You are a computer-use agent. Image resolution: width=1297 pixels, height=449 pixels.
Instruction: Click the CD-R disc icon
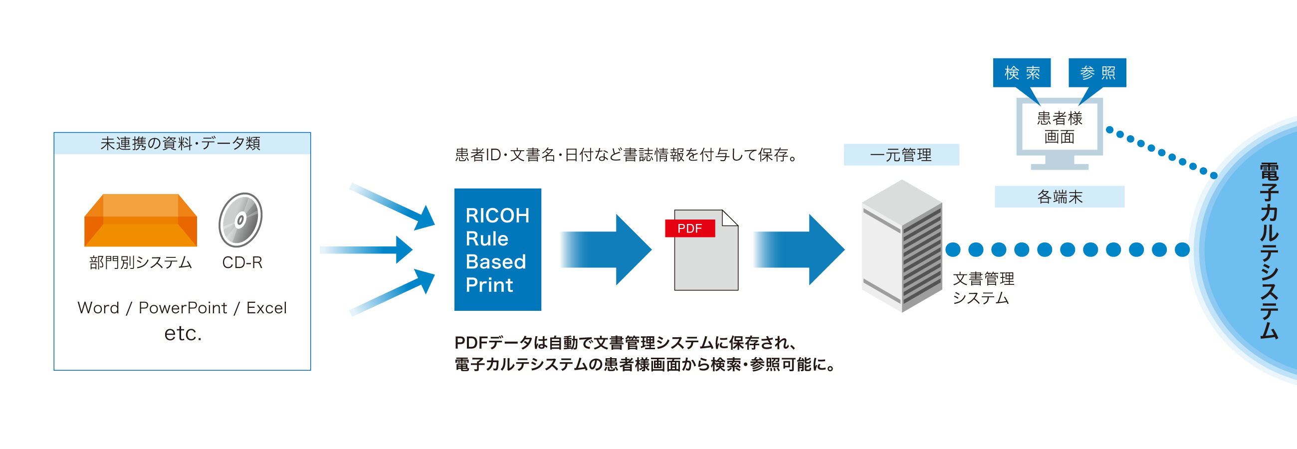click(x=240, y=220)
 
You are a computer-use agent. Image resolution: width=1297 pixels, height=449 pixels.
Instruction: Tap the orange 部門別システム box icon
click(x=141, y=221)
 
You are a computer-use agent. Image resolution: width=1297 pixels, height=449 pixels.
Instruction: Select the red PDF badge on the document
click(x=689, y=228)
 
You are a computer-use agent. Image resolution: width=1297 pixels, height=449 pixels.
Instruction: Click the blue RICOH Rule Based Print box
click(x=497, y=249)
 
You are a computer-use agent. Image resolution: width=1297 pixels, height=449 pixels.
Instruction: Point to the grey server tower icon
click(x=901, y=246)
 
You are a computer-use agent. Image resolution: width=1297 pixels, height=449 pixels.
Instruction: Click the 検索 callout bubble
click(x=1022, y=73)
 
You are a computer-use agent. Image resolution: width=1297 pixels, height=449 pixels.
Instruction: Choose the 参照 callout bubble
click(x=1097, y=73)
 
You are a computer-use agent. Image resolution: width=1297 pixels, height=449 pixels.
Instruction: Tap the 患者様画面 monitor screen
click(x=1060, y=127)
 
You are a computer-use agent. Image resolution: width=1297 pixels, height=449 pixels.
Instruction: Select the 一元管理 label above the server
click(x=901, y=155)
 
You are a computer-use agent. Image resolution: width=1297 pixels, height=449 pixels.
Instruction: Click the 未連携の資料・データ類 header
click(x=181, y=144)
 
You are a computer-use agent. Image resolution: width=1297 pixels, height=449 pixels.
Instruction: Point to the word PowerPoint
click(x=183, y=307)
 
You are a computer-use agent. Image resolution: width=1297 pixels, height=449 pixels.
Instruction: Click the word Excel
click(x=266, y=307)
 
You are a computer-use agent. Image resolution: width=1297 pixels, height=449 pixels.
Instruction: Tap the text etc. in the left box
click(x=183, y=333)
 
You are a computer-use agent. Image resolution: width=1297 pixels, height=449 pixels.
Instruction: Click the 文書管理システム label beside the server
click(x=983, y=288)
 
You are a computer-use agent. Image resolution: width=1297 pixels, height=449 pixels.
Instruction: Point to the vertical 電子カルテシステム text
click(x=1269, y=250)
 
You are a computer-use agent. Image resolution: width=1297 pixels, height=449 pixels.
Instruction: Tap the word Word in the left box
click(x=98, y=307)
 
